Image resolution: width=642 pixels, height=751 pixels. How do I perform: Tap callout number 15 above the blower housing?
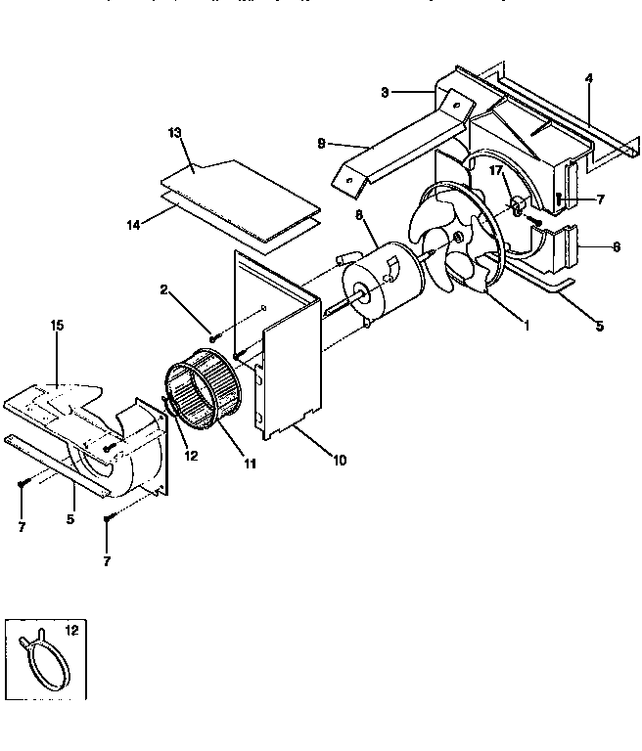pyautogui.click(x=58, y=324)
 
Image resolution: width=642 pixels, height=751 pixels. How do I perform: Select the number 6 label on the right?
pyautogui.click(x=616, y=246)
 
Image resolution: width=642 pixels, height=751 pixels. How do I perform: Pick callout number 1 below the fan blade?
pyautogui.click(x=526, y=325)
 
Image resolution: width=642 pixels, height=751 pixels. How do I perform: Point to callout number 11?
pyautogui.click(x=251, y=463)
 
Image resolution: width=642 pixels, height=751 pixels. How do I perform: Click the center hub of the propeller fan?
pyautogui.click(x=459, y=238)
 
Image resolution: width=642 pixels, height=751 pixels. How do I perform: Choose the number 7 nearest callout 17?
pyautogui.click(x=600, y=199)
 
